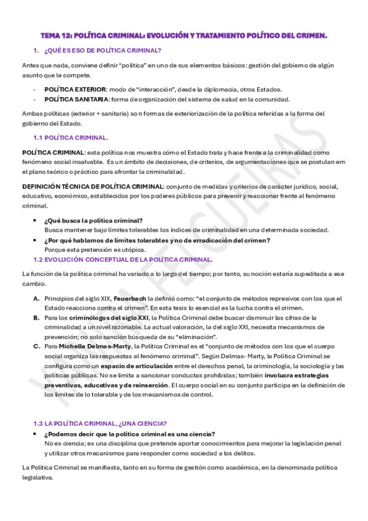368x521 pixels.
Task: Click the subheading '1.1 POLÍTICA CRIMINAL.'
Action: [71, 138]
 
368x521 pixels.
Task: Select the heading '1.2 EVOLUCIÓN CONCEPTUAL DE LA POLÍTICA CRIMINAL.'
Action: [123, 259]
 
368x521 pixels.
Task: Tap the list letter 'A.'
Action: [36, 297]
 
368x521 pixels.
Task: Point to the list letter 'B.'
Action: [36, 317]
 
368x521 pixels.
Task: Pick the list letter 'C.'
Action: [36, 346]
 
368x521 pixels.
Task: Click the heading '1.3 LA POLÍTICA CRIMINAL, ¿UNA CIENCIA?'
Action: [100, 423]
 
